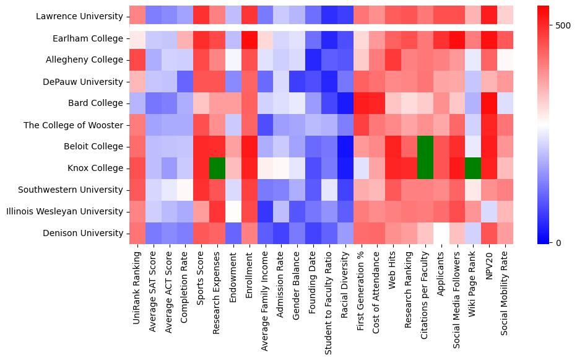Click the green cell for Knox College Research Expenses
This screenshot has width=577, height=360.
tap(217, 168)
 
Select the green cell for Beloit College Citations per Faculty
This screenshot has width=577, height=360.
tap(425, 146)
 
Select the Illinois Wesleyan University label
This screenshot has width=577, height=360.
tap(65, 211)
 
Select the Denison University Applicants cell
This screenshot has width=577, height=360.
tap(441, 233)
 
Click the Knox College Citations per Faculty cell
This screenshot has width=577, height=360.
tap(425, 168)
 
